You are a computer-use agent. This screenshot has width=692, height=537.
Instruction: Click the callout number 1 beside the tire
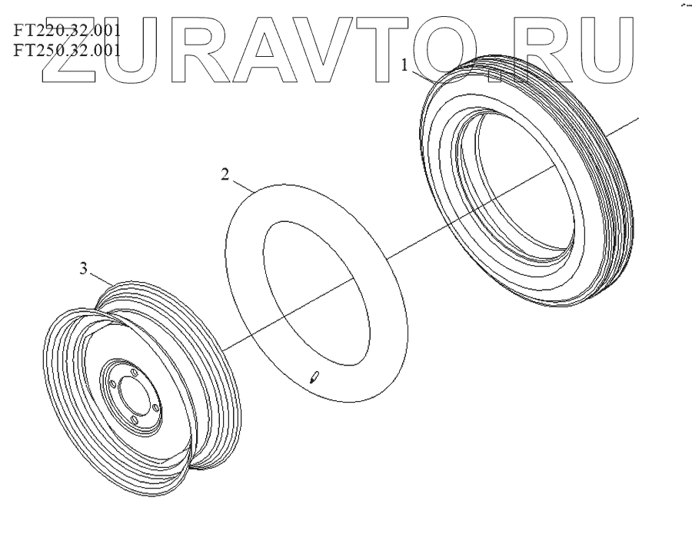point(404,66)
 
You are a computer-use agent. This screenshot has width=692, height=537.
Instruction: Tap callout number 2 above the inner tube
point(225,174)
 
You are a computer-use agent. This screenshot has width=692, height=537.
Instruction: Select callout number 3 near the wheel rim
point(84,268)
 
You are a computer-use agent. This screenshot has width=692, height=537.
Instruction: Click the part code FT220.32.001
point(67,31)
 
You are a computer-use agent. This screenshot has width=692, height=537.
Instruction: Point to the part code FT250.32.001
point(67,51)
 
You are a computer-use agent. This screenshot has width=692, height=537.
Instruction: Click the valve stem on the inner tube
point(314,377)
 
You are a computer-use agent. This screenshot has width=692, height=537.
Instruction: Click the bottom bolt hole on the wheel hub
point(135,418)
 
